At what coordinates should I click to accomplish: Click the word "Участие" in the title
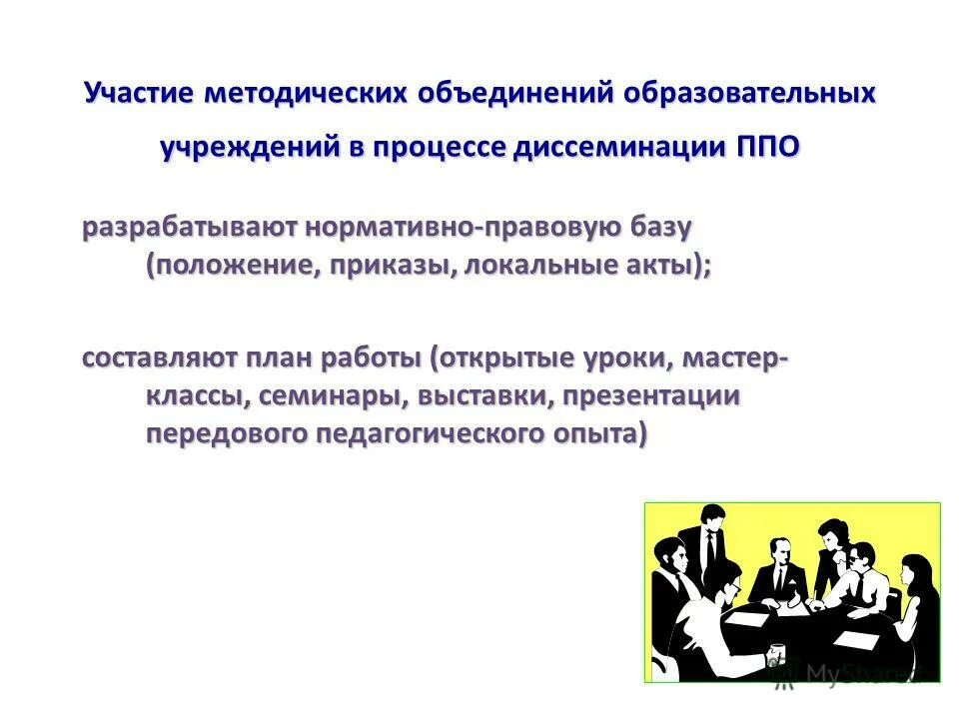139,94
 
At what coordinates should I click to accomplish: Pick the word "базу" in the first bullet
658,228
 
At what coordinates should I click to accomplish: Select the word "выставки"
479,396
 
